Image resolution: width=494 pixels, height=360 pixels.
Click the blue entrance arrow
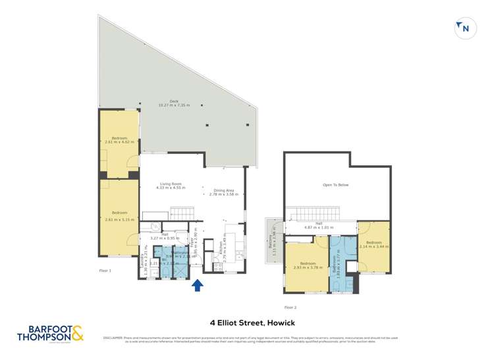pos(197,285)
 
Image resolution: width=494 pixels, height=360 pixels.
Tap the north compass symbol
pos(464,28)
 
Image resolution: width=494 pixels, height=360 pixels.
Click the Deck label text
pos(174,103)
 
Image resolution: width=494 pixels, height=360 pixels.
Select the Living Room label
pos(171,186)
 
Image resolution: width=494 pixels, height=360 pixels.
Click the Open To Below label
pos(335,185)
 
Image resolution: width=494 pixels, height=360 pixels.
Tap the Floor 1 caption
pos(105,270)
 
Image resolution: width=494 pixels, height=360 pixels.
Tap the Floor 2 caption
pos(290,307)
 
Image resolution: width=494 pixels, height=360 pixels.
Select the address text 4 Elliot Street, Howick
pos(246,322)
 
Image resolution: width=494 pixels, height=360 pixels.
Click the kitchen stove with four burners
pos(217,267)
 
